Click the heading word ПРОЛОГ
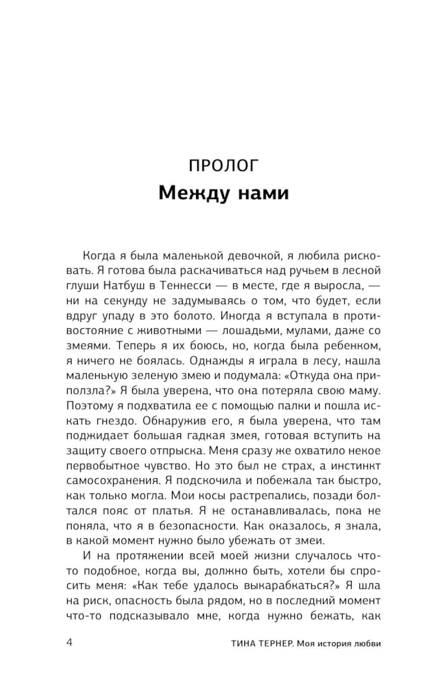point(223,166)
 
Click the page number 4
point(70,643)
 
